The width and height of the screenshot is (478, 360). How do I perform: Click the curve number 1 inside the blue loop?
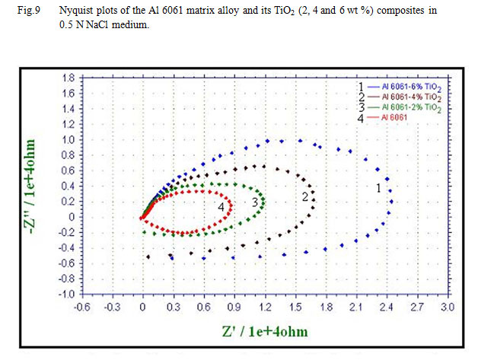(x=379, y=187)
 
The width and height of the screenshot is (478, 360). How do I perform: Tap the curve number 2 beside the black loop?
(x=304, y=197)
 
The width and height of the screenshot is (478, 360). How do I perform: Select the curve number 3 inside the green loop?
(x=255, y=202)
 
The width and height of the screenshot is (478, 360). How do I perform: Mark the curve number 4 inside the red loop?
(x=221, y=206)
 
